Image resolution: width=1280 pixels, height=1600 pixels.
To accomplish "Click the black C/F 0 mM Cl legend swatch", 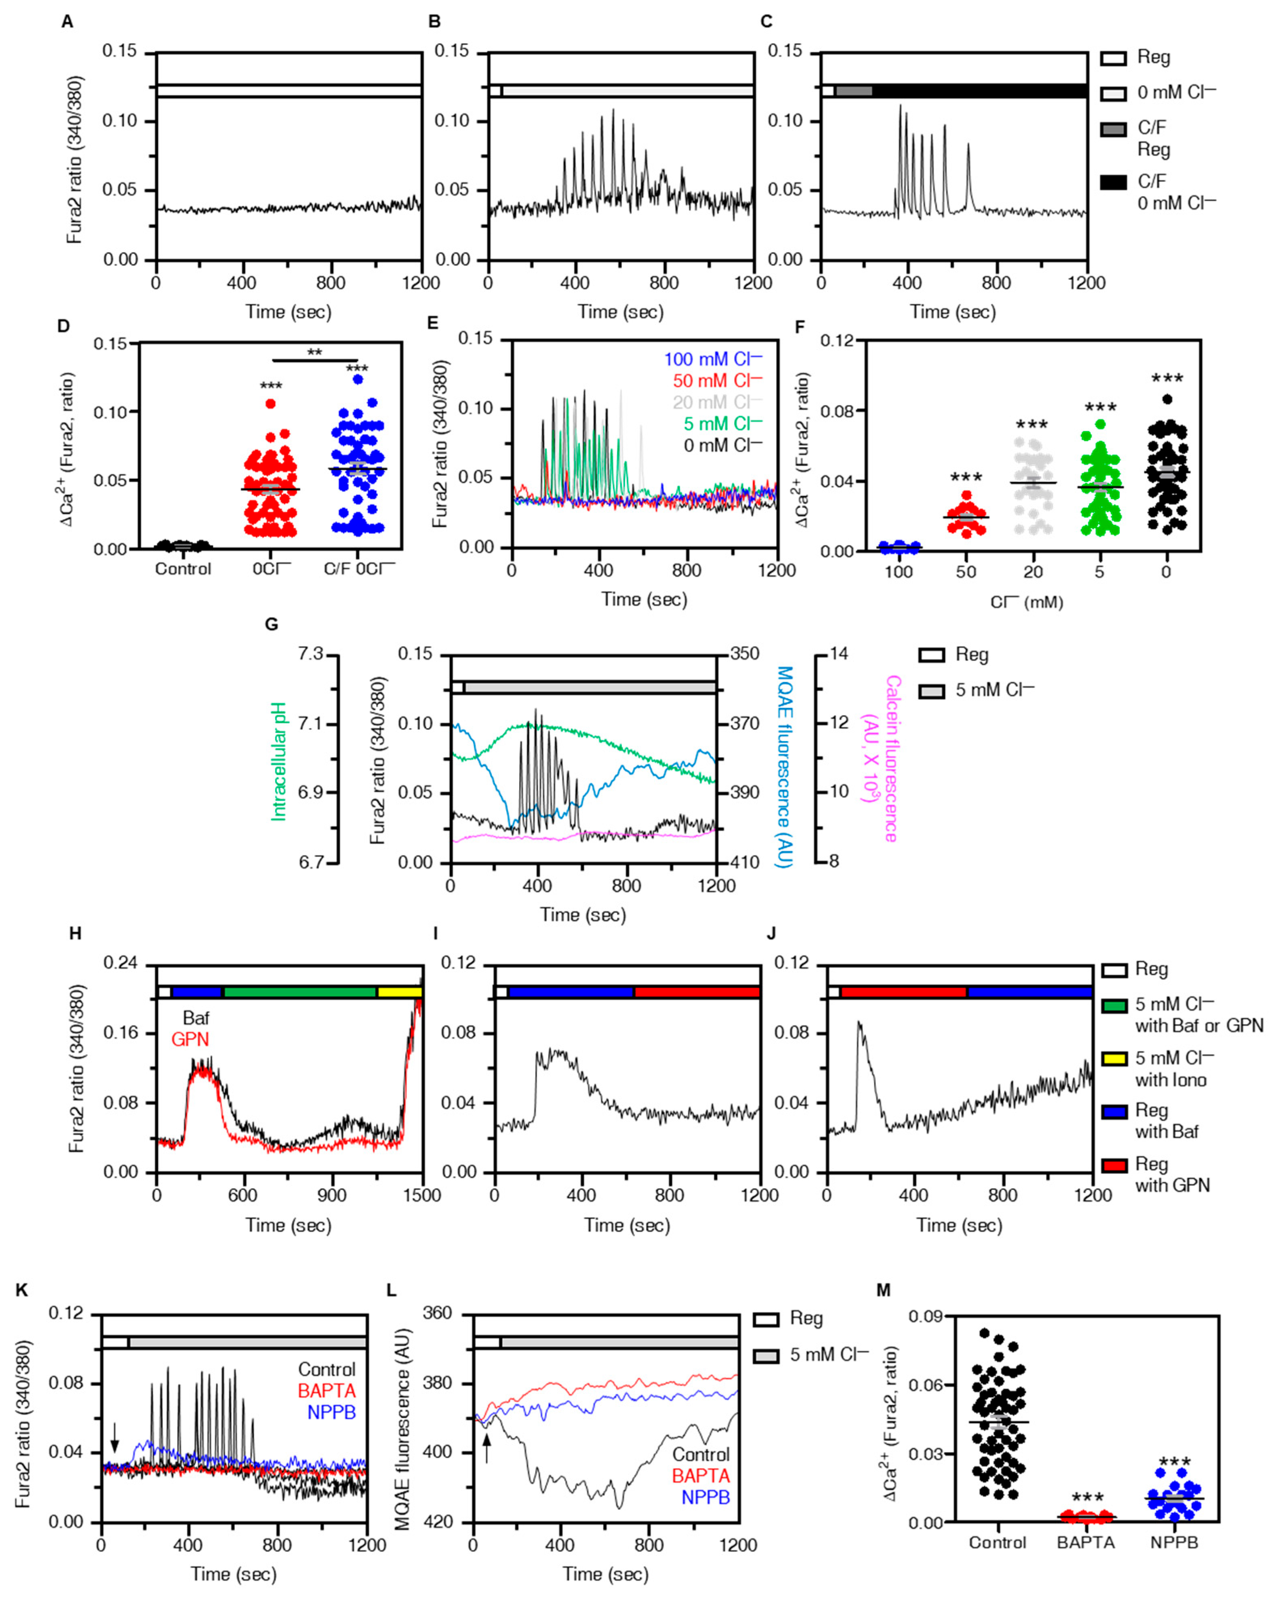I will [x=1113, y=182].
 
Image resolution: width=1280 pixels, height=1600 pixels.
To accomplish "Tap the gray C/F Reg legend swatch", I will [x=1113, y=130].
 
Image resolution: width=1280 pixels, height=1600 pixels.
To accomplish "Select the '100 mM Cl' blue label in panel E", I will [x=712, y=359].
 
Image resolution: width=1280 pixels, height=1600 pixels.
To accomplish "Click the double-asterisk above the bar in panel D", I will [x=315, y=352].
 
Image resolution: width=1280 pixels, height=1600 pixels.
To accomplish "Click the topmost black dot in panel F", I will [x=1167, y=399].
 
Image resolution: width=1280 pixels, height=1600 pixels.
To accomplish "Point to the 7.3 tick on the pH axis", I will [x=311, y=654].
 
